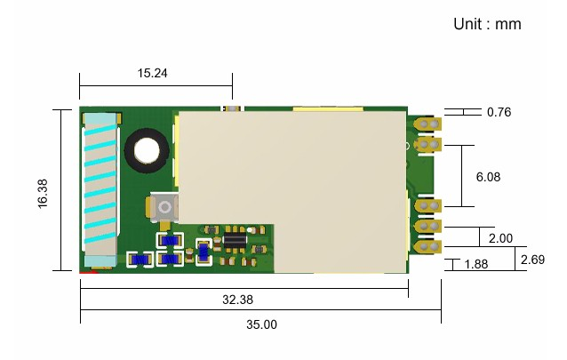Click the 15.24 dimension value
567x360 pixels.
point(153,74)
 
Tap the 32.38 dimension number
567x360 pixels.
point(237,300)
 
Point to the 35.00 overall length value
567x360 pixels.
point(261,324)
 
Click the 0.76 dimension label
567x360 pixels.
point(499,113)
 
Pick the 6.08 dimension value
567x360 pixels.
point(488,177)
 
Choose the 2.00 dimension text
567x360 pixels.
point(500,238)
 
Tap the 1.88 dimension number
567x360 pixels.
point(476,264)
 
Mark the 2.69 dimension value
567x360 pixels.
point(532,260)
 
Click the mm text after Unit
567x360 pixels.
point(508,24)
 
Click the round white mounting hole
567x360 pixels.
point(145,150)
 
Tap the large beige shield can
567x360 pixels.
point(289,178)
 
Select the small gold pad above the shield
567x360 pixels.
point(233,108)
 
